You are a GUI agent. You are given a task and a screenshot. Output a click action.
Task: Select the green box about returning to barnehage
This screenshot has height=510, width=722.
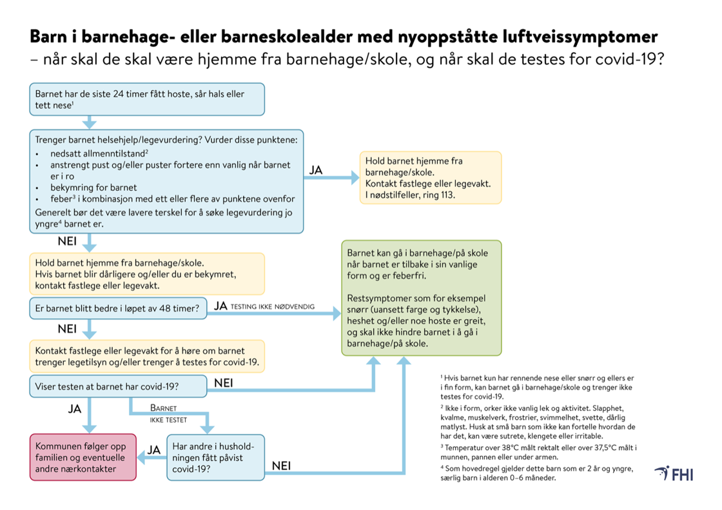(421, 298)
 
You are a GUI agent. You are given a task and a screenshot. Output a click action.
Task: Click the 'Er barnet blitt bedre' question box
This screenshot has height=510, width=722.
(118, 308)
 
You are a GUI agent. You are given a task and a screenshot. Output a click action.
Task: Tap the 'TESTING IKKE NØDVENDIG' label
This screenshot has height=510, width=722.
(272, 307)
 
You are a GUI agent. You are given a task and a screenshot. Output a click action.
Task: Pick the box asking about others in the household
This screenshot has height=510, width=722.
(215, 457)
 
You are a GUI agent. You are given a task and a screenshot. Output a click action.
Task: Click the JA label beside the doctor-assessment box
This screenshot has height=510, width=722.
(316, 170)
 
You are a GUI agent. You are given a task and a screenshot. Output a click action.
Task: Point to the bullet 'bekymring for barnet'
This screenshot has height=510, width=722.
(93, 187)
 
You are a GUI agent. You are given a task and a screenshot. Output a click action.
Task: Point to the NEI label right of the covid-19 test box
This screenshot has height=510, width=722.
(223, 383)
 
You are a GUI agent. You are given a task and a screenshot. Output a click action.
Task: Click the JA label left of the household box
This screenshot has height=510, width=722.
(152, 449)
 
